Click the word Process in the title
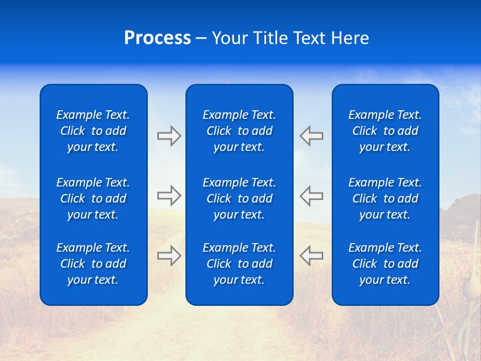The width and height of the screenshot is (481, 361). tap(157, 38)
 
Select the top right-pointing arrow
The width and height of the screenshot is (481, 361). tap(169, 136)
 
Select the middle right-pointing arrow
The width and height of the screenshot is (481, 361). tap(169, 196)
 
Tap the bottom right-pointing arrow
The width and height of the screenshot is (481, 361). tap(169, 256)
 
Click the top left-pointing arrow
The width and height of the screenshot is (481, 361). tap(311, 136)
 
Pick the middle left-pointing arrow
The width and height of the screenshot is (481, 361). tap(311, 196)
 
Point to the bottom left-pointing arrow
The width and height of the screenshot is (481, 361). tap(311, 256)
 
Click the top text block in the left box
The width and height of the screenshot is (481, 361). tap(93, 131)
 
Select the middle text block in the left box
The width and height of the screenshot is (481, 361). tap(93, 199)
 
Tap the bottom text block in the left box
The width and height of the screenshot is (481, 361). tap(93, 264)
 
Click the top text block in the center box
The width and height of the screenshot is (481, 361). tap(239, 131)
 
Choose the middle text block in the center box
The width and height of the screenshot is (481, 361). tap(239, 199)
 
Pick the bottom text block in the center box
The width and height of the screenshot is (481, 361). tap(239, 264)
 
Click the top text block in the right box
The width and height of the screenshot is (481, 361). tap(385, 131)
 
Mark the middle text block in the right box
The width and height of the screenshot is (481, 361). tap(385, 199)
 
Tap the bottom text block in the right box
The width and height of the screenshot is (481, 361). tap(385, 264)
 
